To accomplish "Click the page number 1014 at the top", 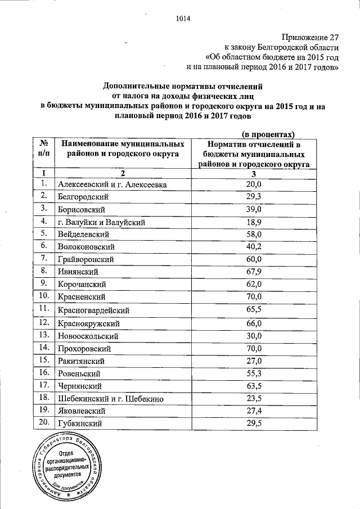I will pyautogui.click(x=183, y=17).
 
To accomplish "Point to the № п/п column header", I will pyautogui.click(x=43, y=148).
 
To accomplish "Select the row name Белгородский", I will pyautogui.click(x=83, y=197).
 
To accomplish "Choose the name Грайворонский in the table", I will pyautogui.click(x=86, y=259).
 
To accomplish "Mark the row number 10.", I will pyautogui.click(x=43, y=296).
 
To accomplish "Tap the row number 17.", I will pyautogui.click(x=43, y=386).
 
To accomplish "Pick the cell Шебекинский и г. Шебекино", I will pyautogui.click(x=110, y=399).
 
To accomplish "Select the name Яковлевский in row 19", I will pyautogui.click(x=83, y=411).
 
